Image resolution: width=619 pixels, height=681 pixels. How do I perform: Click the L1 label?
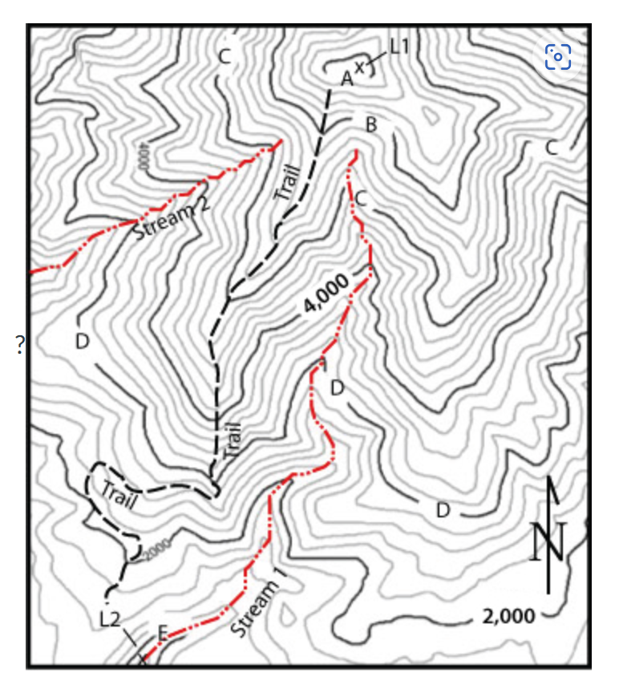tap(399, 47)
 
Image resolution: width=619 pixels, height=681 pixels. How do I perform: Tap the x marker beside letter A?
tap(360, 68)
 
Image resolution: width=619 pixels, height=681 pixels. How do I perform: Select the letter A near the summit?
tap(346, 78)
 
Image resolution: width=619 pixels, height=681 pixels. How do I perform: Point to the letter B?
tap(370, 124)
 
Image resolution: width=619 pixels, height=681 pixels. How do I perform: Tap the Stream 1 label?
tap(257, 609)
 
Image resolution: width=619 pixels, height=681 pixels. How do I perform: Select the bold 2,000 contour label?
tap(508, 615)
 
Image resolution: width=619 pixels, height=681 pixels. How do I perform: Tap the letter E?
tap(162, 634)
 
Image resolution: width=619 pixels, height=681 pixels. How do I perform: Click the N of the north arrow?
tap(548, 541)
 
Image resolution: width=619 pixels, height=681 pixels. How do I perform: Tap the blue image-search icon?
tap(558, 56)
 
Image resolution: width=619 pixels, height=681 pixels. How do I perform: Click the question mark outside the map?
tap(18, 345)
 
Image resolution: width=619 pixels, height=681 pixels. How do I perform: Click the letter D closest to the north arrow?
tap(442, 510)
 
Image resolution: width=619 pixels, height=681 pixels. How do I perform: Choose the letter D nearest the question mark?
tap(82, 341)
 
